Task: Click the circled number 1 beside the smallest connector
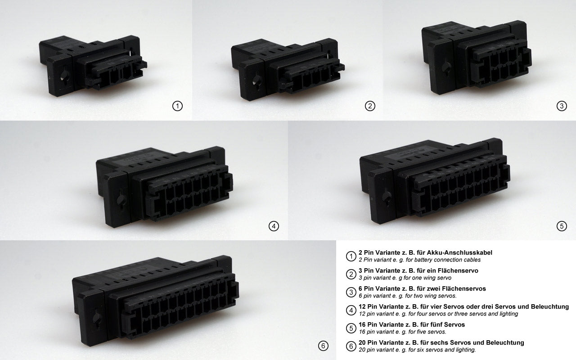(178, 106)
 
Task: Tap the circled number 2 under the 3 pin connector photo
(369, 106)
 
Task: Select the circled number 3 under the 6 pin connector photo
(561, 106)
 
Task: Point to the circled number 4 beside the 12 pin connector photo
(274, 226)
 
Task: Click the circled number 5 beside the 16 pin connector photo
(561, 226)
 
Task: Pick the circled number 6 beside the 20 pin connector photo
(323, 346)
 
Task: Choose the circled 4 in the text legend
(351, 310)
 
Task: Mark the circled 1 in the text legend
(351, 256)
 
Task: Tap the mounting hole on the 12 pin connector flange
(121, 198)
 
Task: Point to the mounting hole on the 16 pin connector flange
(386, 197)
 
